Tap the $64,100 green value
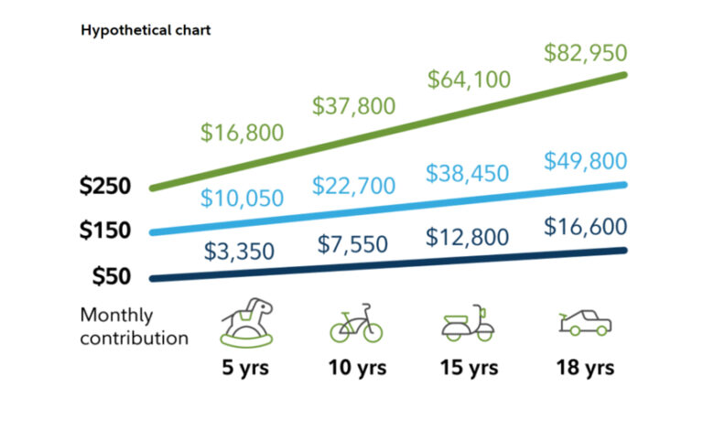468,80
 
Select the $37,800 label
353,106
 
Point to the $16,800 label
243,133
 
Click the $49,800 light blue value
585,162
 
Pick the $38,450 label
468,174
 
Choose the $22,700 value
353,187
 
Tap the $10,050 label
243,199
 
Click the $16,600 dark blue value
585,227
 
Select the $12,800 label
468,238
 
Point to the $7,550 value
353,244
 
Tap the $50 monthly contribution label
111,276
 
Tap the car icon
585,323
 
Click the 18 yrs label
585,369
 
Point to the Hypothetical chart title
146,30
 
